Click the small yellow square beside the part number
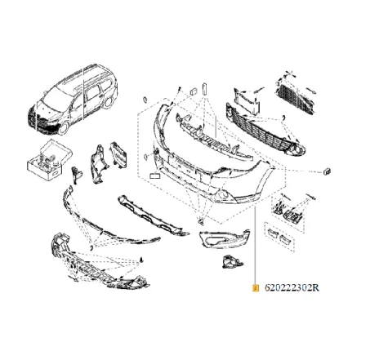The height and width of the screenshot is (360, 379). (x=256, y=287)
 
